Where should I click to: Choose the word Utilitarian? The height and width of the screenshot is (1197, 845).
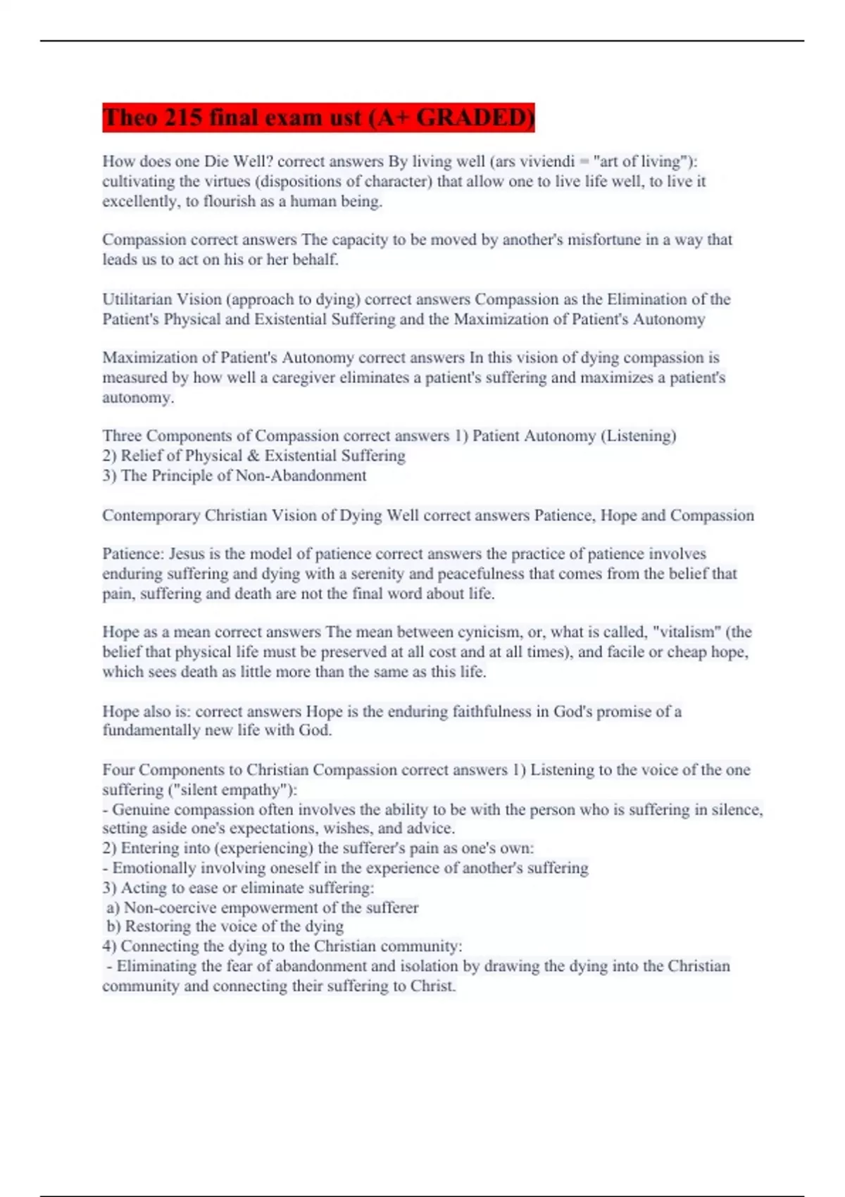(x=137, y=299)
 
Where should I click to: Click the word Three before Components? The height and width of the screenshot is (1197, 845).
(x=122, y=436)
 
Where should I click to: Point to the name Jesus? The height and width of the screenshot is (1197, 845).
(x=187, y=553)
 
